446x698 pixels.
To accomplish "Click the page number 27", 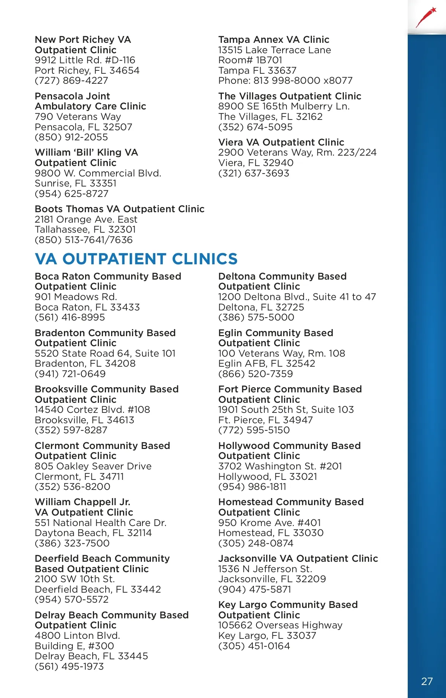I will pos(427,681).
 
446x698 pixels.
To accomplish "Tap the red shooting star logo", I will pos(426,17).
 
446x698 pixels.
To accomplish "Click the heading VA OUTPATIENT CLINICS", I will pos(136,259).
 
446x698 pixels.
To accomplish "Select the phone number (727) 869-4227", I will pos(71,80).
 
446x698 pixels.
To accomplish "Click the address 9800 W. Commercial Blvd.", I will pos(98,173).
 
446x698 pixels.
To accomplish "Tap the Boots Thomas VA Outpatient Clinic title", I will pos(119,209).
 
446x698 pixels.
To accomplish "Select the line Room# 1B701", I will pos(250,60).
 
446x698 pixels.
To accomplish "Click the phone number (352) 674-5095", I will pos(255,127).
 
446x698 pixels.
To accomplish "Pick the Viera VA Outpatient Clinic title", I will pos(281,142).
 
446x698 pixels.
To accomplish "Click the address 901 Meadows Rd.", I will pos(76,297).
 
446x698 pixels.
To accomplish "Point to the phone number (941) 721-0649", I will pos(70,374).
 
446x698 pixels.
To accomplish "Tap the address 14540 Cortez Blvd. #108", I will pos(92,409).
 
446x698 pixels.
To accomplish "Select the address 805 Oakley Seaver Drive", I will pos(93,466).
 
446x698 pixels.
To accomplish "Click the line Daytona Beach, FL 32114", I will pos(93,533).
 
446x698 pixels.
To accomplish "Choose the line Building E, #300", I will pos(74,646).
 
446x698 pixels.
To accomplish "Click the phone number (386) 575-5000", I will pos(256,317).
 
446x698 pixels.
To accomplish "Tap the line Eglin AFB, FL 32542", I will pos(266,363).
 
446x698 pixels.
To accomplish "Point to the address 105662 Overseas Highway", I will pos(280,625).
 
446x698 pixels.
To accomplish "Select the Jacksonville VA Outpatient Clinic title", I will pos(298,558).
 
